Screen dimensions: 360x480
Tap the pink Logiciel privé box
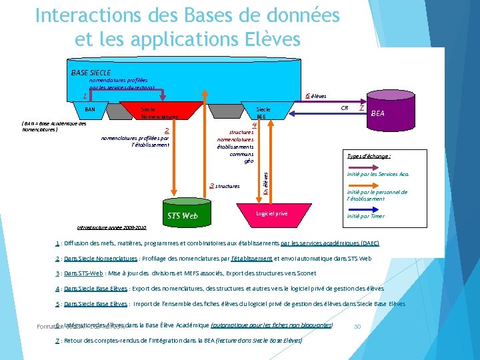click(272, 213)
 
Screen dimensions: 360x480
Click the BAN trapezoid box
click(90, 109)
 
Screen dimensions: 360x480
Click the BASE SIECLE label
click(91, 72)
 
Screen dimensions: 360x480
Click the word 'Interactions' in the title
click(81, 15)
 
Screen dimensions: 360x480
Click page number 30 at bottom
click(357, 326)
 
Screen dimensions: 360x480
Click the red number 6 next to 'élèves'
click(307, 96)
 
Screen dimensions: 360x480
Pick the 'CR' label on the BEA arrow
click(344, 107)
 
